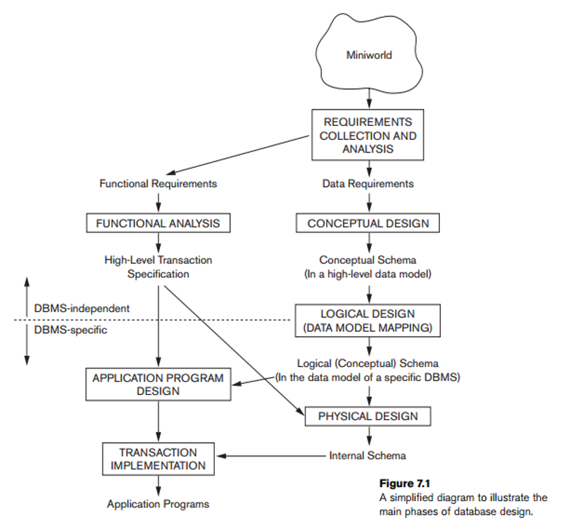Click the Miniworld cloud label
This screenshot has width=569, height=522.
[369, 55]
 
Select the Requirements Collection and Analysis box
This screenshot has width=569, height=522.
[368, 135]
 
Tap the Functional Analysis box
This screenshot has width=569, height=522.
[158, 223]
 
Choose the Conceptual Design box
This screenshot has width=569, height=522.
[368, 223]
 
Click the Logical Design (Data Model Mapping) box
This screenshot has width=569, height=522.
[368, 321]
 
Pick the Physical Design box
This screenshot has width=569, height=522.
[368, 417]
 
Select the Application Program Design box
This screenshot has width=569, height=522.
[158, 384]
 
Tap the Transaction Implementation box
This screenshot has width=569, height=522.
[158, 459]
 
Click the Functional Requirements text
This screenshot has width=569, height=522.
[158, 184]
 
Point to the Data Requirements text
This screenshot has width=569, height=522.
[368, 184]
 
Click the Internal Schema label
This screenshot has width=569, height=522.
[368, 455]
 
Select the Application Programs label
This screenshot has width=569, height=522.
[158, 504]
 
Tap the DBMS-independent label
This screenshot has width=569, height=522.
[82, 309]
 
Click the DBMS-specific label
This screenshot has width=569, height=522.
[70, 330]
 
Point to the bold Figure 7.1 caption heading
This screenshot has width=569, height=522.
[405, 483]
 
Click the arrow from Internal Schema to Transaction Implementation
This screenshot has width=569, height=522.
[271, 456]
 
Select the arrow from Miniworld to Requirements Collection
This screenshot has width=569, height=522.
[369, 98]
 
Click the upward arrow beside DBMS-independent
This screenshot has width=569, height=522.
[27, 296]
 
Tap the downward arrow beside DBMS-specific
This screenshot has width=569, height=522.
[27, 345]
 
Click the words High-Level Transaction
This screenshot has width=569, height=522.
[158, 260]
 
